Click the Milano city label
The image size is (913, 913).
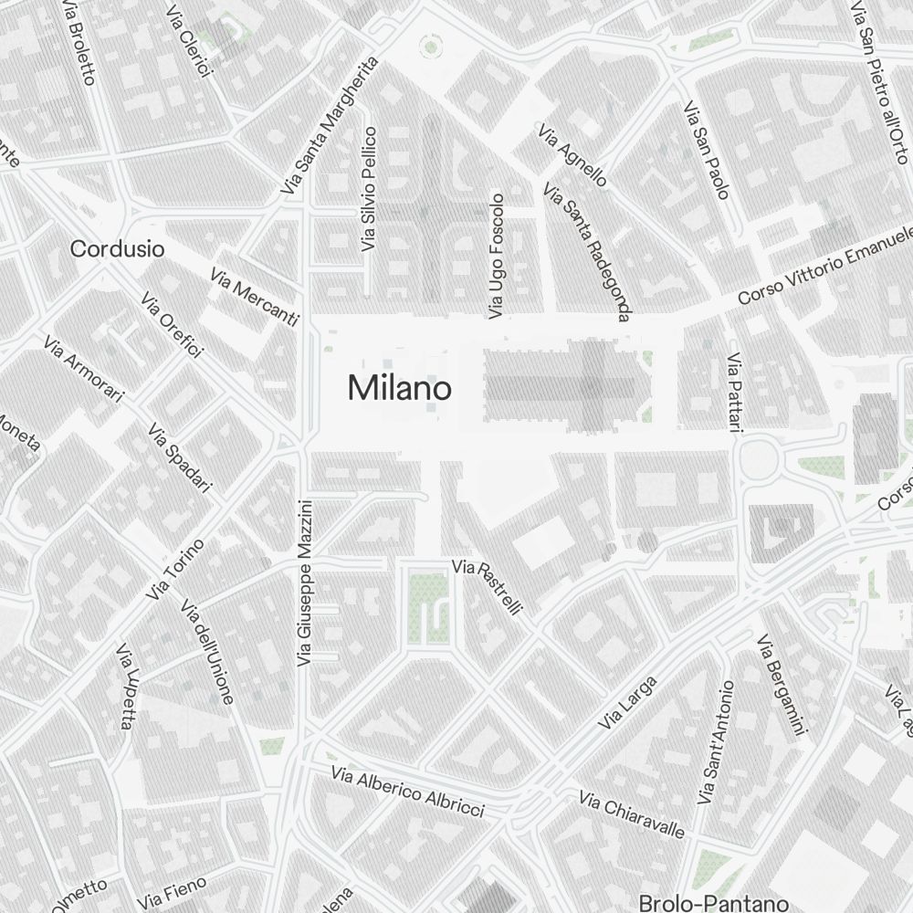tap(399, 389)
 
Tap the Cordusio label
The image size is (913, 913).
tap(118, 248)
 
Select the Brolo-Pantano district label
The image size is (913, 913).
tap(713, 903)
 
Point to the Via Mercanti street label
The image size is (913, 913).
tap(254, 298)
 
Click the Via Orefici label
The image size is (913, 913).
tap(172, 325)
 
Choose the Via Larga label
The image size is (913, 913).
tap(627, 702)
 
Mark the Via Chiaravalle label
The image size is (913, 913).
tap(632, 814)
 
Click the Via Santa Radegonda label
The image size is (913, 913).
tap(587, 252)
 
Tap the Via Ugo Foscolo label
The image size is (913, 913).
tap(496, 256)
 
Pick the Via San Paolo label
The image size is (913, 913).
tap(707, 150)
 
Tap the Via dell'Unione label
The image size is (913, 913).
tap(208, 651)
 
